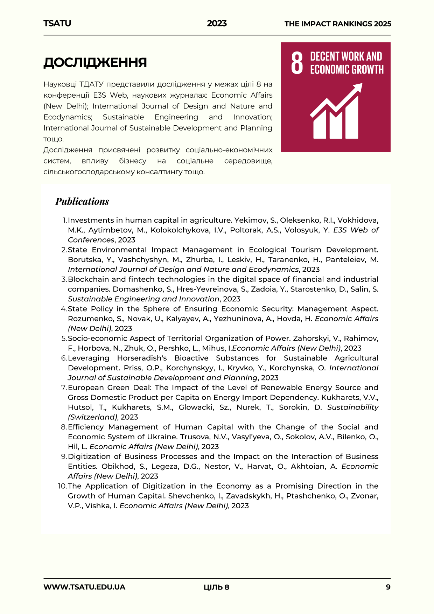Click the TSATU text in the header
[x=57, y=23]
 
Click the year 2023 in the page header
[x=217, y=23]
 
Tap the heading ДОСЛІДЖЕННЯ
[x=95, y=62]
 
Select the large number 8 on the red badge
[x=297, y=63]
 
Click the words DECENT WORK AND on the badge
[x=346, y=56]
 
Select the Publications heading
[x=82, y=201]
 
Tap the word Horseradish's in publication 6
[x=142, y=358]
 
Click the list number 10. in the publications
[x=62, y=486]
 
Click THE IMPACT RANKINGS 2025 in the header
[x=338, y=24]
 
